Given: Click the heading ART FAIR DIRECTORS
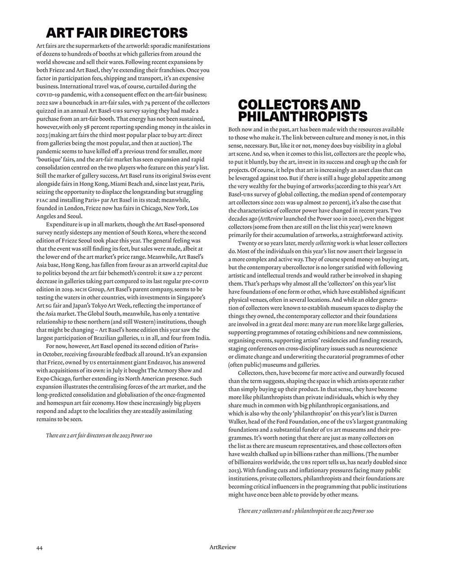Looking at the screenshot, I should click(116, 33).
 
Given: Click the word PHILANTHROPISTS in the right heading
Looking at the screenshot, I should click(302, 117).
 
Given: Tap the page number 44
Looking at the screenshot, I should click(40, 548).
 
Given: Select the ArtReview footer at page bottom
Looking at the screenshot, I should click(223, 547).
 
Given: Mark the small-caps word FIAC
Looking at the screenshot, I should click(42, 200).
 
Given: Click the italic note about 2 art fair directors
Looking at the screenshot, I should click(98, 435).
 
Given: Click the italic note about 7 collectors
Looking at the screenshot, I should click(305, 511).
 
